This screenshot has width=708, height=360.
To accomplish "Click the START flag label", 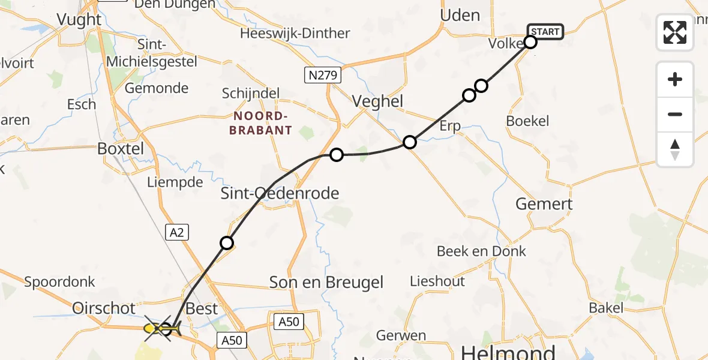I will click(x=545, y=31).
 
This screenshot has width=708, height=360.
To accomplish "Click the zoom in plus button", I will click(x=675, y=79).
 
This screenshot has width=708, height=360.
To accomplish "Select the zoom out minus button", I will click(x=675, y=114).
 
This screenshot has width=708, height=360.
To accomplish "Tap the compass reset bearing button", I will click(x=675, y=149).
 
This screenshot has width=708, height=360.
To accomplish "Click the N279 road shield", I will click(x=322, y=75).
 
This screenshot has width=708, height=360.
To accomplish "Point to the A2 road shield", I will click(x=176, y=232).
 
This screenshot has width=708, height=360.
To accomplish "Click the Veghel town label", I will click(x=377, y=101).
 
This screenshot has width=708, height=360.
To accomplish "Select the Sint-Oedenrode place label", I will click(x=280, y=193).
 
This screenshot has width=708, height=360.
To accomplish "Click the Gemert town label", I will click(x=544, y=204).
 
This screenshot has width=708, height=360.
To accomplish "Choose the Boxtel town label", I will click(x=121, y=148).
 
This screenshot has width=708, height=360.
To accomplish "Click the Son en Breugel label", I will click(x=326, y=282).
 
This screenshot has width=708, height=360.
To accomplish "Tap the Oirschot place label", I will click(x=104, y=308).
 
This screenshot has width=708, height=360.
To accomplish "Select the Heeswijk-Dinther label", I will click(x=295, y=33).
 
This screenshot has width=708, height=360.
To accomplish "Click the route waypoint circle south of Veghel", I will click(x=409, y=142).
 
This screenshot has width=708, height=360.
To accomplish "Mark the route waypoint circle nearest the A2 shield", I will click(x=227, y=243).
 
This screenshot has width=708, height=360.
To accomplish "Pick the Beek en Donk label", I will click(x=481, y=251).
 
